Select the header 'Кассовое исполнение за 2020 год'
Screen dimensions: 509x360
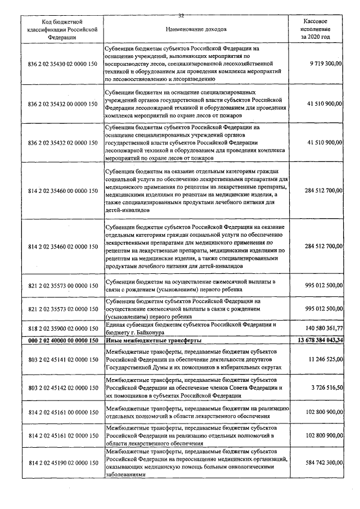coord(316,28)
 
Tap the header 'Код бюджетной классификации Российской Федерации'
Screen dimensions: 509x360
coord(62,28)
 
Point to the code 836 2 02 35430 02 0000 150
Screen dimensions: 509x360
coord(62,65)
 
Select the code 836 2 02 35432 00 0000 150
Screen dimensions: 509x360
coord(62,104)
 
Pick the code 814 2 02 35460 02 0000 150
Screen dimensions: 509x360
coord(62,246)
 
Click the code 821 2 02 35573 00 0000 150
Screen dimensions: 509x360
coord(62,286)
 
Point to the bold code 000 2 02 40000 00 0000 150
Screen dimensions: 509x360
coord(62,340)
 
